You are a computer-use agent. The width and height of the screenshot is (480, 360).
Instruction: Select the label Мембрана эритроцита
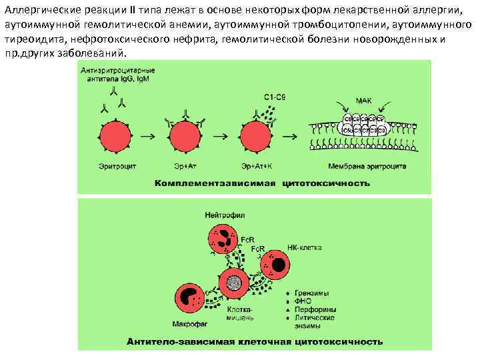click(x=367, y=165)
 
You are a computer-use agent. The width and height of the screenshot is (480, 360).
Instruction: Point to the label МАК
click(x=364, y=101)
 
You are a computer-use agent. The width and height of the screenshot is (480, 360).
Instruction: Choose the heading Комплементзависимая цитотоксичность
click(x=262, y=181)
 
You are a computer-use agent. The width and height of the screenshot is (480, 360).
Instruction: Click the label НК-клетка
click(x=305, y=247)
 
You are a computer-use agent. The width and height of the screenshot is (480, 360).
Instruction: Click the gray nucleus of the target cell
click(x=234, y=283)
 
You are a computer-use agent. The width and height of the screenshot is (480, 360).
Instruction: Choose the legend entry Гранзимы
click(x=312, y=293)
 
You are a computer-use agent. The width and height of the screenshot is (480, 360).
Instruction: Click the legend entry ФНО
click(x=303, y=301)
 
